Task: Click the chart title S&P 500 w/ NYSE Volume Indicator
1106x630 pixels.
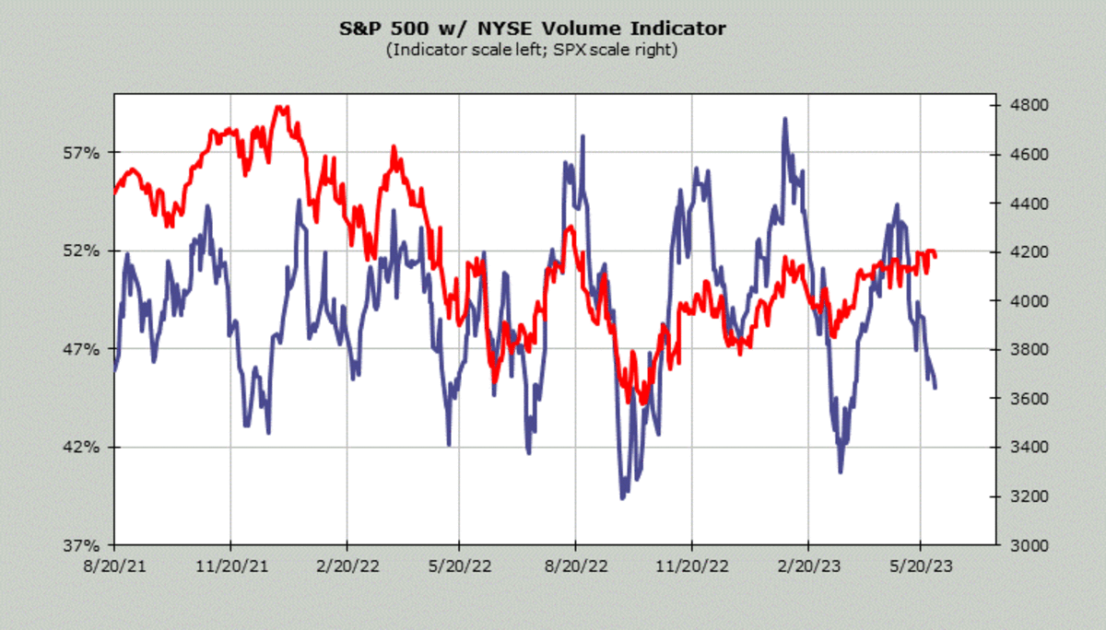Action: click(532, 29)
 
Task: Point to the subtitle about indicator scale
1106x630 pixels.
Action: click(532, 50)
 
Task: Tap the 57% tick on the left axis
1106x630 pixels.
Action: click(81, 152)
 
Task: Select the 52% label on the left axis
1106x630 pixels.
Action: click(81, 251)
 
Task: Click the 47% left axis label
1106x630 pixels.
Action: click(81, 349)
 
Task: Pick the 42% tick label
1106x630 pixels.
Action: click(81, 448)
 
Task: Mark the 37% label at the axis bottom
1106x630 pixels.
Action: click(81, 545)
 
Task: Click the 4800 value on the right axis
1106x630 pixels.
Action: click(1019, 105)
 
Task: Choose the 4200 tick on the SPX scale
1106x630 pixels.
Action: click(1019, 251)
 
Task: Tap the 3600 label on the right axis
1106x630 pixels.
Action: click(1019, 399)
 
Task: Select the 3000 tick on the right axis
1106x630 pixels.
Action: click(1019, 545)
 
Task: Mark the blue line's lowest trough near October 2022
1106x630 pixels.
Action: click(623, 497)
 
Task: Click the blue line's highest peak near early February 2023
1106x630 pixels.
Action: click(784, 119)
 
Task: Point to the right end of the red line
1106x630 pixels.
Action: click(935, 254)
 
